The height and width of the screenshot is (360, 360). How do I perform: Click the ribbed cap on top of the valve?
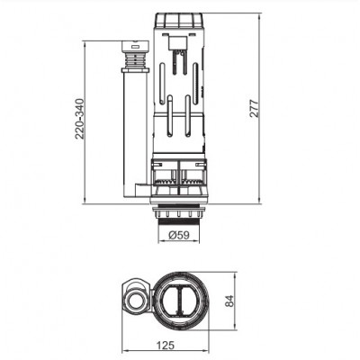pyautogui.click(x=182, y=22)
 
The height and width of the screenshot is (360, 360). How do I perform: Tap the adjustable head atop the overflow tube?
pyautogui.click(x=133, y=54)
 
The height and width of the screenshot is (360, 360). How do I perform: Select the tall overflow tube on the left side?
pyautogui.click(x=134, y=126)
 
